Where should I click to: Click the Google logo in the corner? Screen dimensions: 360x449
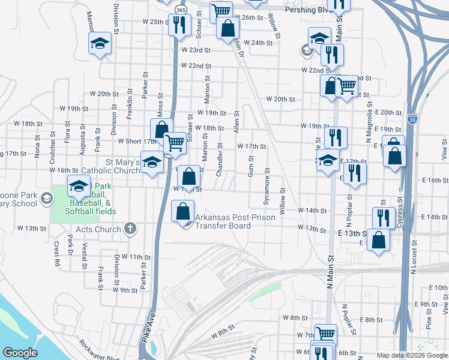click(x=20, y=353)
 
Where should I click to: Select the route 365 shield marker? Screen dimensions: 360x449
click(x=181, y=10)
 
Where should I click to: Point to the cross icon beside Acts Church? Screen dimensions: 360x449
click(x=129, y=228)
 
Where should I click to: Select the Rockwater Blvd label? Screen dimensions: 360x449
click(x=99, y=353)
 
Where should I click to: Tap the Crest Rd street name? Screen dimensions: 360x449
click(x=56, y=254)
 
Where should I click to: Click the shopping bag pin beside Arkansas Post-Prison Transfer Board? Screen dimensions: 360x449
click(x=183, y=211)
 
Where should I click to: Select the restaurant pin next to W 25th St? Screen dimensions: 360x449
click(x=179, y=25)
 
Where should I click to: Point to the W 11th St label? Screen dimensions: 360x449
click(x=134, y=257)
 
